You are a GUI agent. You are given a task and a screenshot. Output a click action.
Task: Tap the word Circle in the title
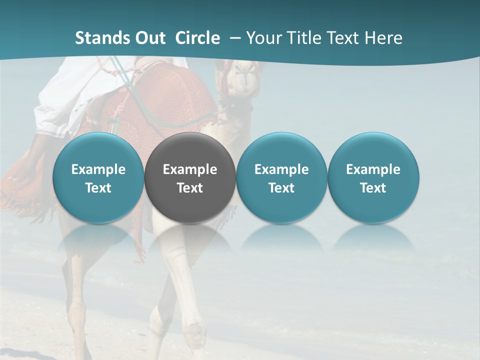[197, 38]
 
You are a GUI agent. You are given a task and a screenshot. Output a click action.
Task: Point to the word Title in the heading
[299, 38]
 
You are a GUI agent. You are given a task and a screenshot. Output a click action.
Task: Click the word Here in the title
[382, 38]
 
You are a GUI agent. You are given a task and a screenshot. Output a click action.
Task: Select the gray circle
[190, 177]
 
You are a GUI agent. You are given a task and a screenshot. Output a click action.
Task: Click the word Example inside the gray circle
[190, 169]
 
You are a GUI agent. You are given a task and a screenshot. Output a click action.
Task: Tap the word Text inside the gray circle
[190, 188]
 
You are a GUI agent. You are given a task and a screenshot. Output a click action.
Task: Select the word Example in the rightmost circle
[373, 169]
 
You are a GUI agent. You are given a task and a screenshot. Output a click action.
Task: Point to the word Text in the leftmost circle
[98, 188]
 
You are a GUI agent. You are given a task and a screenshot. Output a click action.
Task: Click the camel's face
[243, 80]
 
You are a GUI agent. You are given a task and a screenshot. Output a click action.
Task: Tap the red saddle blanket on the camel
[170, 100]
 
